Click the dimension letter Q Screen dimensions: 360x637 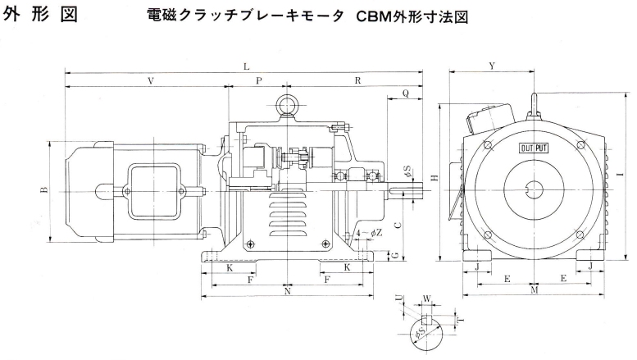[406, 95]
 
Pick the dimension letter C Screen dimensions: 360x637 [397, 223]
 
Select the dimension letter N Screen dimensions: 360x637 [287, 291]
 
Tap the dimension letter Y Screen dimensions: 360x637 [491, 66]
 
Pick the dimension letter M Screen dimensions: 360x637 [534, 291]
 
